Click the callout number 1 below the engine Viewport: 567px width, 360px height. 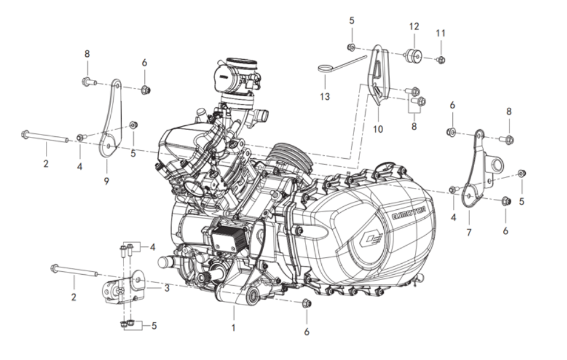[234, 328]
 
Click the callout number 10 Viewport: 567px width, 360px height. [378, 129]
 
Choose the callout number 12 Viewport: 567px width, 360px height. [413, 27]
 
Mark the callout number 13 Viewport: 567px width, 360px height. [325, 96]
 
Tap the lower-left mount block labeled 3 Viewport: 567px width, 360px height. [121, 288]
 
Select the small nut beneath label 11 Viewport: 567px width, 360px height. [441, 59]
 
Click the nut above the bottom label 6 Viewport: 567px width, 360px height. [307, 303]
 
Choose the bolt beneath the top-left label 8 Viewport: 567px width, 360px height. [88, 82]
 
